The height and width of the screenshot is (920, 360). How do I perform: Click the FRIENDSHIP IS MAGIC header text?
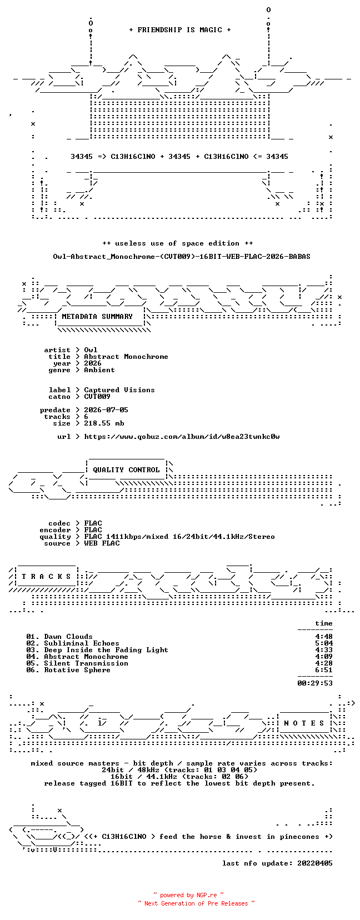[180, 30]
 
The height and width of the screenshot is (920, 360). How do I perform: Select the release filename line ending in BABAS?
[182, 257]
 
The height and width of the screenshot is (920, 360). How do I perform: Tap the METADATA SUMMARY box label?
[97, 317]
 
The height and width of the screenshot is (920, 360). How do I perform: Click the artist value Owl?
[91, 350]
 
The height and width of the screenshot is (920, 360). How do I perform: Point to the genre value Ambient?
[99, 370]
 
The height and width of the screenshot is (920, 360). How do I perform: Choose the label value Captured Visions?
[119, 390]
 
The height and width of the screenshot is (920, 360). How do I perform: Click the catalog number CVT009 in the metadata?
[97, 397]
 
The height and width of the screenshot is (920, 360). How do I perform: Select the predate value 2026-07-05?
[106, 410]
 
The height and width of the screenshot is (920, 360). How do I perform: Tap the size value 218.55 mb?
[104, 423]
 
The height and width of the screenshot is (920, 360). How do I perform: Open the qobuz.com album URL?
[182, 437]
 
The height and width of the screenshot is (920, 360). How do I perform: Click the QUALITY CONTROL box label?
[126, 470]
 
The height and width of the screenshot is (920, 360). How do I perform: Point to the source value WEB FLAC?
[102, 543]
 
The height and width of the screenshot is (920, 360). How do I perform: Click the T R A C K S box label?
[46, 577]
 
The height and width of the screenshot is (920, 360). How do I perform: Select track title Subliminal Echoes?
[82, 643]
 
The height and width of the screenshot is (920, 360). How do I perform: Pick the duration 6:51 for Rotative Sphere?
[324, 671]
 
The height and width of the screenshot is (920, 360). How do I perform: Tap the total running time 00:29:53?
[315, 683]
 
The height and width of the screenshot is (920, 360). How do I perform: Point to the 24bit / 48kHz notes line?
[180, 770]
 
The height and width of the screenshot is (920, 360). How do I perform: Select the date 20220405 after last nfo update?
[315, 863]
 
